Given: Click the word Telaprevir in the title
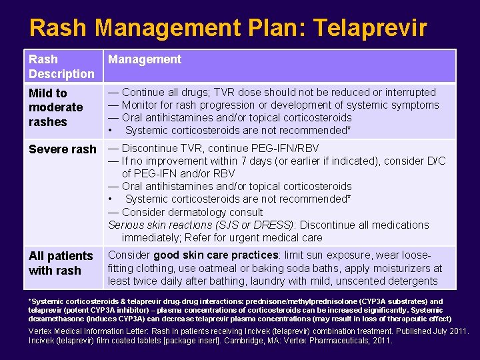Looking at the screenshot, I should point(370,27).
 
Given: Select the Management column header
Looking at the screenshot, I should point(145,59).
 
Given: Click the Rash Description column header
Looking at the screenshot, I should point(61,66).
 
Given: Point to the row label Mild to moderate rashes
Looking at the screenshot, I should point(56,107).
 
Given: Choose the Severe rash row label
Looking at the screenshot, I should point(63,149).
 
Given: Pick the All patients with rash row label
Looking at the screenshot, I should point(61,263).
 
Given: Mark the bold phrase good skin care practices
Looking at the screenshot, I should point(215,255).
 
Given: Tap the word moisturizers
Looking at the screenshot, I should point(382,268).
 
